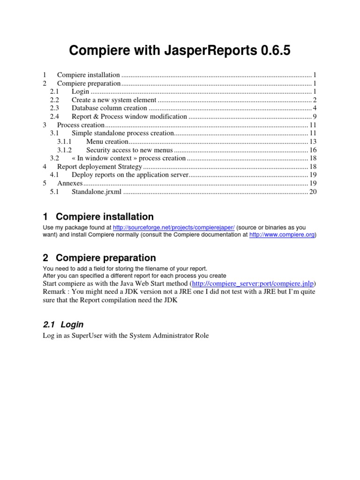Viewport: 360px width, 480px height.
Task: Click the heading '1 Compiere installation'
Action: tap(98, 217)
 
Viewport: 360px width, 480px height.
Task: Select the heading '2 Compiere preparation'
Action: tap(99, 258)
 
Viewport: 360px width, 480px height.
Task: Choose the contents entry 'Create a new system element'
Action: tap(114, 100)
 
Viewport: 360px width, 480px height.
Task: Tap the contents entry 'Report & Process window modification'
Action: tap(129, 117)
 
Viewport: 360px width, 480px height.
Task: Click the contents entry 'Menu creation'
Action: tap(107, 142)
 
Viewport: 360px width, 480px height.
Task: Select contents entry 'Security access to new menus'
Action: tap(130, 150)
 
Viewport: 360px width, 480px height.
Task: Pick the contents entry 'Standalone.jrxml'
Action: tap(97, 192)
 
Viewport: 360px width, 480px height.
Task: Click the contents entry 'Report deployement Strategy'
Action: tap(99, 167)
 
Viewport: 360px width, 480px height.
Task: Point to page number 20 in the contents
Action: tap(313, 192)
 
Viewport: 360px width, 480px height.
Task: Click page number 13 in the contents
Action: tap(313, 142)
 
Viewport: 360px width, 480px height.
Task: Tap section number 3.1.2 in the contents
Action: tap(65, 150)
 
